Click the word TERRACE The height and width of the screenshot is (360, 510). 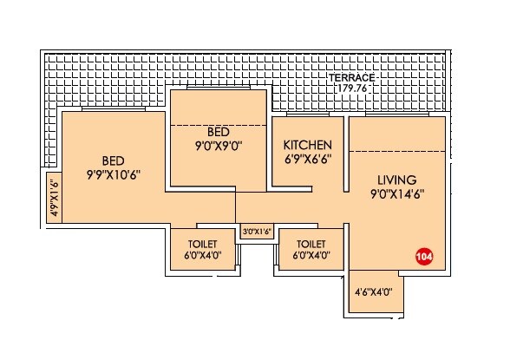[352, 76]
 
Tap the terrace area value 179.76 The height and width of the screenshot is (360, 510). [352, 87]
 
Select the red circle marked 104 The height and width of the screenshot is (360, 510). [424, 257]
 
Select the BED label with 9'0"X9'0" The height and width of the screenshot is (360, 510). [218, 132]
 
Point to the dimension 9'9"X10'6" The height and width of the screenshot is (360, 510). [113, 174]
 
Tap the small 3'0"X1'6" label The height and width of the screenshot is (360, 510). [257, 232]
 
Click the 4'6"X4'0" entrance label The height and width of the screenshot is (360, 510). [375, 292]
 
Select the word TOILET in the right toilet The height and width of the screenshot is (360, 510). [310, 244]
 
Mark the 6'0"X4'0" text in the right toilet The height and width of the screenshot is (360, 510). [310, 256]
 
